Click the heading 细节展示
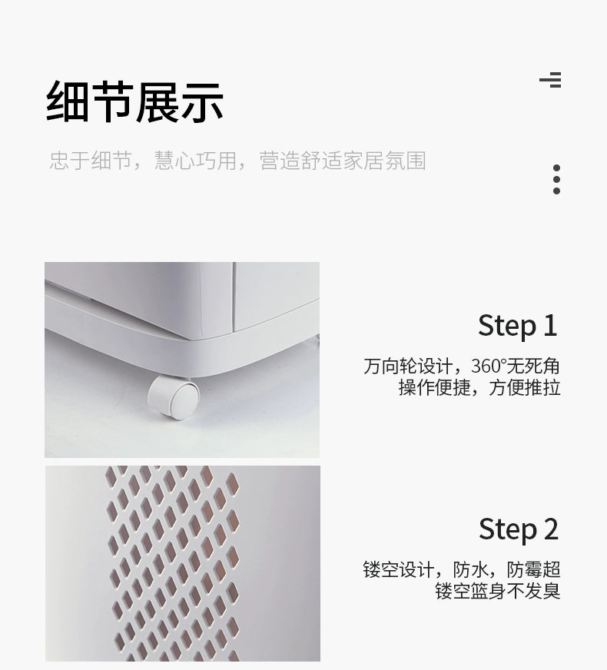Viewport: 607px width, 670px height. pos(134,101)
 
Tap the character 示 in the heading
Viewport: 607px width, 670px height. pos(202,101)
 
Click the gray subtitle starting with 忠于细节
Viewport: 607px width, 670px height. pos(237,161)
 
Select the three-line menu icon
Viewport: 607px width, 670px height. pos(550,80)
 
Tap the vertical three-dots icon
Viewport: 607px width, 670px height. pos(556,180)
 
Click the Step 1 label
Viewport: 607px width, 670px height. pos(518,326)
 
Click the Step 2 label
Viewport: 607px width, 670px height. pos(519,529)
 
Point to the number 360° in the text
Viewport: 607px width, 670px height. pos(488,367)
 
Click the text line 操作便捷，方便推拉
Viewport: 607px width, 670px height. pos(479,387)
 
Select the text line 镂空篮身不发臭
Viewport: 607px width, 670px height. pos(498,591)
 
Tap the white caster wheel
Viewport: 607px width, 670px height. pos(174,396)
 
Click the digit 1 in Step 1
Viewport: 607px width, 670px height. pos(550,325)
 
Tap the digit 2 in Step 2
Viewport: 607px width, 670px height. pos(551,529)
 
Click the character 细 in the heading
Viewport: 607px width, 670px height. pos(67,101)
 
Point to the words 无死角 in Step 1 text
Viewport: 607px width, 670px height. pos(533,367)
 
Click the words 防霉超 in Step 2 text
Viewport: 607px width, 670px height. pos(533,569)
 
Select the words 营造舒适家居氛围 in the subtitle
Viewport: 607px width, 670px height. pos(343,161)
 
